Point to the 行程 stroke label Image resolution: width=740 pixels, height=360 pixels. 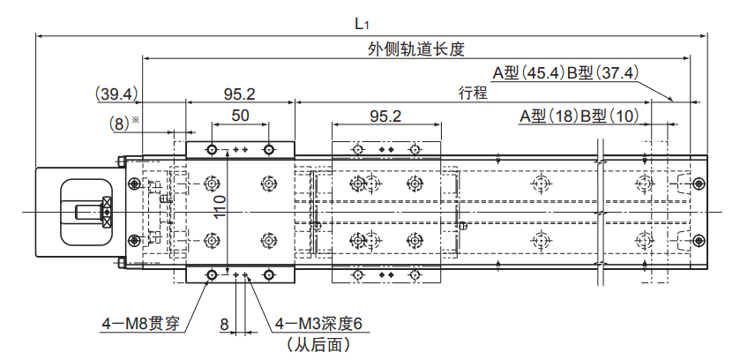tap(473, 93)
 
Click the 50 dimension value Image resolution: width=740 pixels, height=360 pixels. tap(240, 116)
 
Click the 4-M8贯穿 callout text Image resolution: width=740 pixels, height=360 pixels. tap(141, 325)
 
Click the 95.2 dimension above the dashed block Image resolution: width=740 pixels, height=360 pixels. tap(385, 116)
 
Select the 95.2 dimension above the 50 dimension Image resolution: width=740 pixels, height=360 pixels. tap(239, 93)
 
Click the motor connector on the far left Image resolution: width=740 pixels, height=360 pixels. tap(86, 212)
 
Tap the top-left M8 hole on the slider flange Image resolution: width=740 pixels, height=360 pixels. tap(212, 147)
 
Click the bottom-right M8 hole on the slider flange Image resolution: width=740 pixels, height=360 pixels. tap(268, 276)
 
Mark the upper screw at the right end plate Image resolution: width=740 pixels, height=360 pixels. tap(699, 184)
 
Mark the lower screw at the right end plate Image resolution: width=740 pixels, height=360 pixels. tap(699, 240)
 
